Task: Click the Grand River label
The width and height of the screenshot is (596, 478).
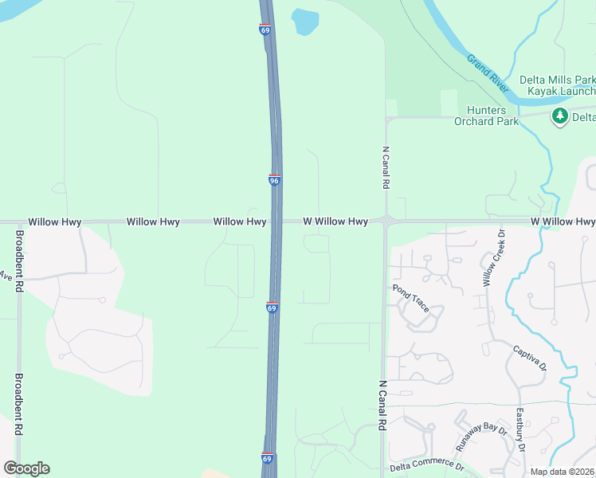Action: (x=488, y=70)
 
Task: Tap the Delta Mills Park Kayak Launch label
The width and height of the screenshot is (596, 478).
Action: (x=557, y=86)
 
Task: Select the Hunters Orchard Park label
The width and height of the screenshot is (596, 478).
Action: (x=486, y=116)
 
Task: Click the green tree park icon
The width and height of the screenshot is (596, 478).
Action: (x=560, y=117)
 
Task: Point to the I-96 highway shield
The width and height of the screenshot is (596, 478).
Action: (x=274, y=181)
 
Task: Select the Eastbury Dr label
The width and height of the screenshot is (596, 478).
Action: (x=520, y=430)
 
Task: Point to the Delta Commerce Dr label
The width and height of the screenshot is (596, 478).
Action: (x=426, y=465)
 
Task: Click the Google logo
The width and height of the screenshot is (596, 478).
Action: (x=26, y=468)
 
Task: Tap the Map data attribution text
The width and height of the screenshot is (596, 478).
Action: (x=563, y=472)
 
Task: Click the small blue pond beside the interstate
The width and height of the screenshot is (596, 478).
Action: (x=304, y=22)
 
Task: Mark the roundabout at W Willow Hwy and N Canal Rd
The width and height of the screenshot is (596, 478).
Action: (x=385, y=221)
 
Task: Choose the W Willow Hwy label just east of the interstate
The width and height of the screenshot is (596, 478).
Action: (x=335, y=221)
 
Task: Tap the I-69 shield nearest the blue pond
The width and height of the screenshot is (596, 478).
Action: (x=265, y=29)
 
